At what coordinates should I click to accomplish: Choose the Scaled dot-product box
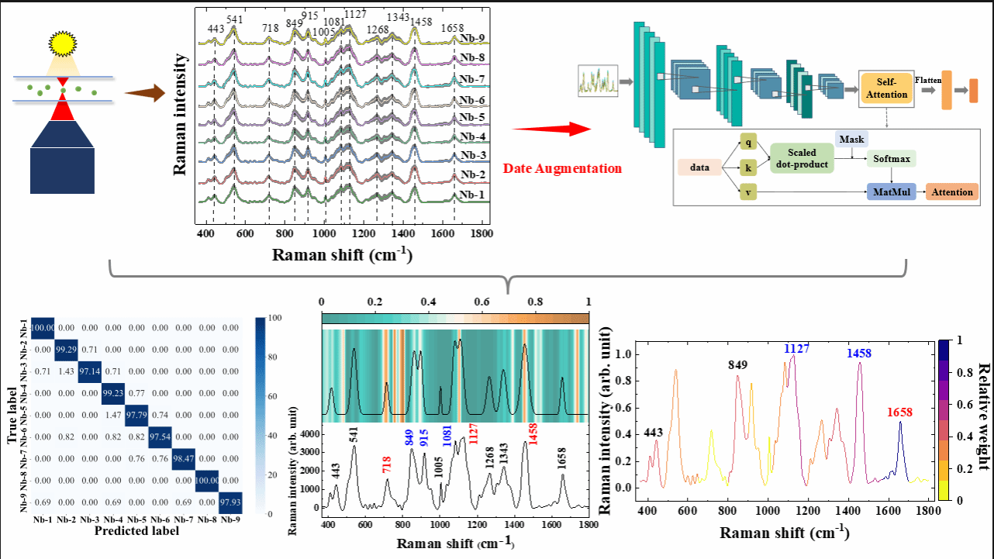pos(802,158)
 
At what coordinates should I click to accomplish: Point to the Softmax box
pos(892,158)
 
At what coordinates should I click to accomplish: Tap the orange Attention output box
pos(951,192)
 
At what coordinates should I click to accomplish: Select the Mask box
pos(851,139)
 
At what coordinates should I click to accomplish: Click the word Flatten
pos(927,79)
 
